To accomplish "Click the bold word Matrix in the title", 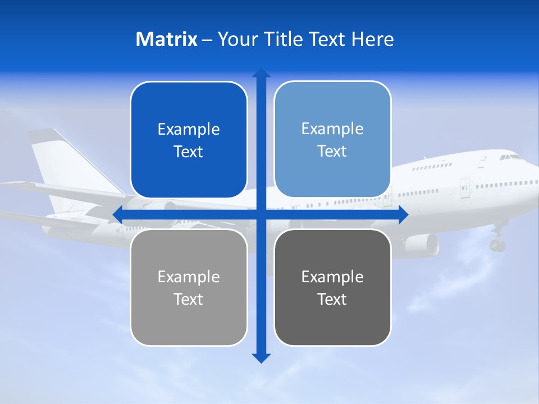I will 166,39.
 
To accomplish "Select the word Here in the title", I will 373,39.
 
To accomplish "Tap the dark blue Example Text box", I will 189,140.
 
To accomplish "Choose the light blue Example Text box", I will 332,140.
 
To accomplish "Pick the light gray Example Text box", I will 189,287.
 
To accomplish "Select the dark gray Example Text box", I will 332,287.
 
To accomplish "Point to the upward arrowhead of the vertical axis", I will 261,73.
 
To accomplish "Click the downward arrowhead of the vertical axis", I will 261,357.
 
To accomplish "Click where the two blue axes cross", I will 261,214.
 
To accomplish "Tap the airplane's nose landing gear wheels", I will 497,245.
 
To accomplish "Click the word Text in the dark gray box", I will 332,299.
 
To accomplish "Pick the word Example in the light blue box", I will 332,128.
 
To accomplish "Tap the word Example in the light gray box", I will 189,277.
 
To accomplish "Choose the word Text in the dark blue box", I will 189,151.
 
